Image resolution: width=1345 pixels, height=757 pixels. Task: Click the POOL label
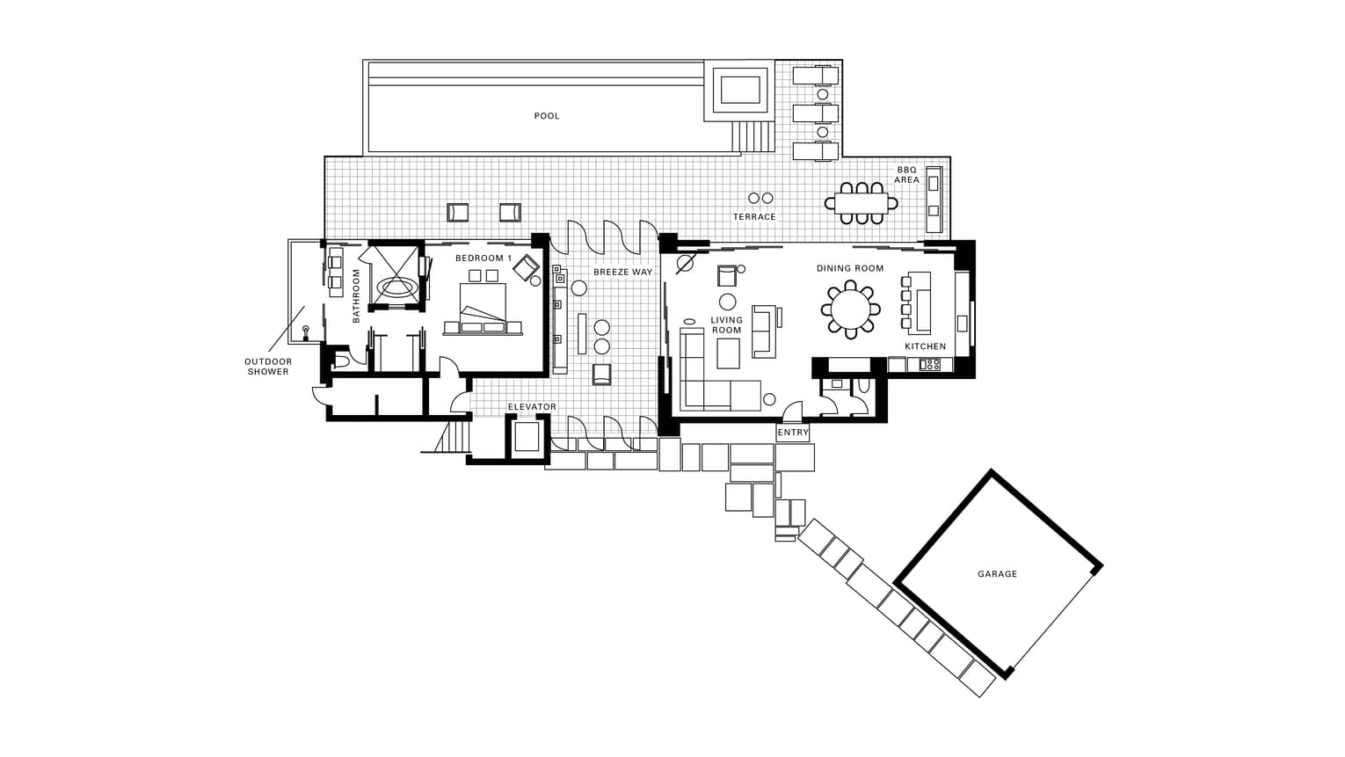(x=547, y=116)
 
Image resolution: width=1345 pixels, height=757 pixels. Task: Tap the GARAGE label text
(x=998, y=574)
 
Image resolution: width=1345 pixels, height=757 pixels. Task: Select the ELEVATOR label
(x=532, y=407)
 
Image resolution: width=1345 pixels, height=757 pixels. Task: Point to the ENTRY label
(x=793, y=433)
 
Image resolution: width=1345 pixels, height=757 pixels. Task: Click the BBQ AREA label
(x=906, y=175)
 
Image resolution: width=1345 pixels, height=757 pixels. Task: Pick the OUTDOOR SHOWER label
(x=268, y=367)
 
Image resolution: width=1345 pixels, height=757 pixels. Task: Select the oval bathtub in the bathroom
(x=395, y=287)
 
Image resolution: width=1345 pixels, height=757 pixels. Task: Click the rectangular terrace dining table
(x=862, y=203)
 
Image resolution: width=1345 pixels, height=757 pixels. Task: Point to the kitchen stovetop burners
(x=929, y=364)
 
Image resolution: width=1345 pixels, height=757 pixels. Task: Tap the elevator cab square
(x=527, y=436)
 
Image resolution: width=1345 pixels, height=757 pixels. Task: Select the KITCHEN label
(x=926, y=346)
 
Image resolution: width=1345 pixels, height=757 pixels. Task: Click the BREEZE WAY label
(x=622, y=272)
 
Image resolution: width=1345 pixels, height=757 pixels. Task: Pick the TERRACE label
(x=754, y=216)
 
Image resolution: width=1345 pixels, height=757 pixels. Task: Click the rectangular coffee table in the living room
(x=728, y=353)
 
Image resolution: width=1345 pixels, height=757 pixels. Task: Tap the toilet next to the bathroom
(x=341, y=360)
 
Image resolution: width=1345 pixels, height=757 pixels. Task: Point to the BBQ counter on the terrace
(x=934, y=200)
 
